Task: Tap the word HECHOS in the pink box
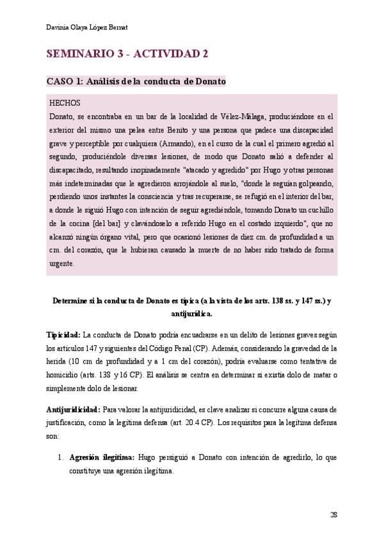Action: click(x=65, y=102)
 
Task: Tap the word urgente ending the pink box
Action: click(x=62, y=263)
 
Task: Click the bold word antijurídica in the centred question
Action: click(x=192, y=314)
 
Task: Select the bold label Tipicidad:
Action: click(x=63, y=336)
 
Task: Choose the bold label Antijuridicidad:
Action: click(x=73, y=409)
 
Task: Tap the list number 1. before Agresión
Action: click(x=60, y=457)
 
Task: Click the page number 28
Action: click(x=333, y=514)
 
